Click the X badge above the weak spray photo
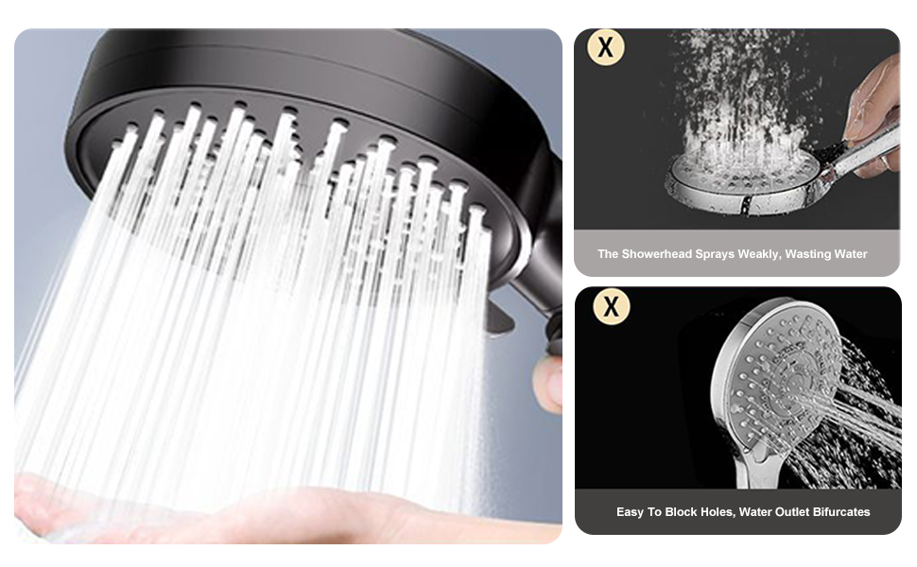(x=606, y=46)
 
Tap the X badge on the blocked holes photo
(x=611, y=306)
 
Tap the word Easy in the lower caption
(x=630, y=512)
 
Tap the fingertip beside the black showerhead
(x=548, y=383)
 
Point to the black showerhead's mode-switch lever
(x=499, y=318)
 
